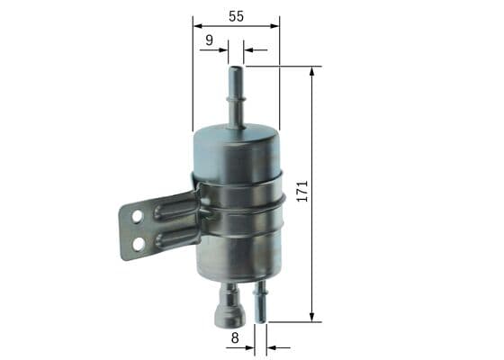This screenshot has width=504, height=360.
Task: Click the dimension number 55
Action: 236,16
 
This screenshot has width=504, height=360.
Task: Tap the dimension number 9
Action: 209,40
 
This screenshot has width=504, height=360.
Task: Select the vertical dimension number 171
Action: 302,191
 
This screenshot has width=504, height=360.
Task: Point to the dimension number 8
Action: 235,337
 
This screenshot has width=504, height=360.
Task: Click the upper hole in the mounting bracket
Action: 137,216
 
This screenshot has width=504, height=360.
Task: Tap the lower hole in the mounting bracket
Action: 139,244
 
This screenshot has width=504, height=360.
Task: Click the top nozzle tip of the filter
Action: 236,68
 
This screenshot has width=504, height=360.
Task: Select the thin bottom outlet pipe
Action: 261,301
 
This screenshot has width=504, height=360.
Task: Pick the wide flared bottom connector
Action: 229,305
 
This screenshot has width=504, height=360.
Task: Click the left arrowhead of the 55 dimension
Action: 197,26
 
